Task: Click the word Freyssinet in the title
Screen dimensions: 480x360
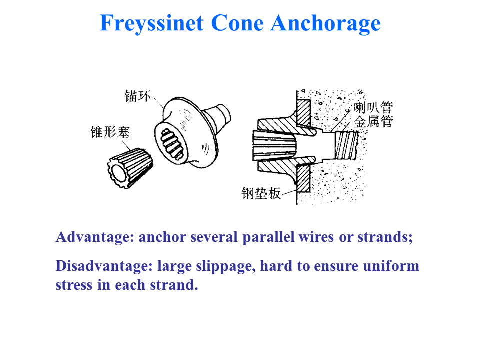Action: (x=152, y=24)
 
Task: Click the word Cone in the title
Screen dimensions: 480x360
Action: (x=237, y=23)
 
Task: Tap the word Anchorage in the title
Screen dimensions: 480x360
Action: (x=325, y=24)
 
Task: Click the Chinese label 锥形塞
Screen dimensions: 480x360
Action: (x=110, y=132)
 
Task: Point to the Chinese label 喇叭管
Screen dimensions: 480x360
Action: (x=373, y=108)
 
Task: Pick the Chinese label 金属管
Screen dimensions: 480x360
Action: (x=373, y=121)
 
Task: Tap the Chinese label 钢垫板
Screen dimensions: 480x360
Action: (x=261, y=193)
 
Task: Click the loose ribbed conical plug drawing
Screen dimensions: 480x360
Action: (x=130, y=168)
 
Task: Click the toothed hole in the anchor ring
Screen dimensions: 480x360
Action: (x=171, y=144)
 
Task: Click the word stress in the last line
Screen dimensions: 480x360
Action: (x=74, y=285)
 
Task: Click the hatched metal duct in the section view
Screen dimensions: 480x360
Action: (x=347, y=145)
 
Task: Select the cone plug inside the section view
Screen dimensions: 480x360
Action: (x=274, y=146)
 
